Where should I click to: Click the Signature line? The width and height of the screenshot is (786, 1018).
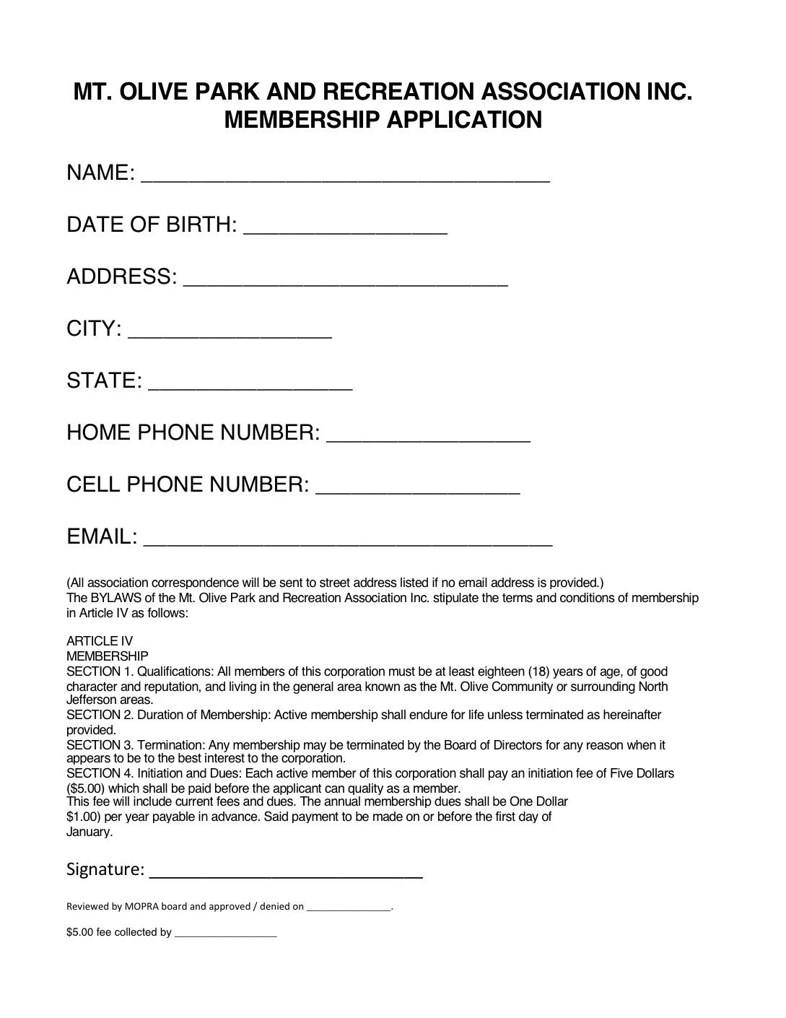(x=285, y=871)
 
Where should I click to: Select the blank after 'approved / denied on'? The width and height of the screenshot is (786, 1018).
(x=349, y=908)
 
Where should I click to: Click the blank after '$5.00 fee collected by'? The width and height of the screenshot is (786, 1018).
(x=225, y=933)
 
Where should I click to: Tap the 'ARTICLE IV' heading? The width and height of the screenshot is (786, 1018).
(x=100, y=641)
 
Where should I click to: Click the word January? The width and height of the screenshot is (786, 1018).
(x=89, y=832)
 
